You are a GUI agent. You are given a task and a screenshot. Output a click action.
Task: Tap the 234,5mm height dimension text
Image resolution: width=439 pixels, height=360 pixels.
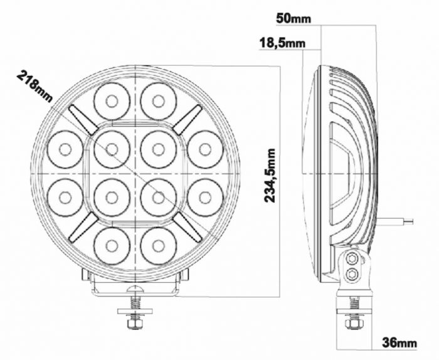[x=270, y=175]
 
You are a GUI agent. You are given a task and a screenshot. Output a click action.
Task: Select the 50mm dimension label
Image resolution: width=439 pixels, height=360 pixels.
[x=294, y=18]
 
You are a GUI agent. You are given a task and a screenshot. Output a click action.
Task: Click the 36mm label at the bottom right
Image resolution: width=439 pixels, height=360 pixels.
[x=399, y=342]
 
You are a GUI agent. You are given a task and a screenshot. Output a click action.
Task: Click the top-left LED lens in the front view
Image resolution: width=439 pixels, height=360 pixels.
[x=112, y=100]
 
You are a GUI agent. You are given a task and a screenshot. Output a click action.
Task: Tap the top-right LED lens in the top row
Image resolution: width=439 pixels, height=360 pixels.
[x=157, y=100]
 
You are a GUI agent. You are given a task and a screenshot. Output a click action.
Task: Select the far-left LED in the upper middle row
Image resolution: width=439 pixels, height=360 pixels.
[x=65, y=149]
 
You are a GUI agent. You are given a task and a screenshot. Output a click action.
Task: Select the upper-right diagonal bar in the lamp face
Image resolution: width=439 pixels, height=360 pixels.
[x=188, y=119]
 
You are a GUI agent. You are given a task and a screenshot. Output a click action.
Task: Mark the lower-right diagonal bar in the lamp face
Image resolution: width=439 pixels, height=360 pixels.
[x=188, y=228]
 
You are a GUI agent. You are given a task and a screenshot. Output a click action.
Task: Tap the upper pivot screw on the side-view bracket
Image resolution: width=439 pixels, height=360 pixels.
[x=352, y=258]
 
